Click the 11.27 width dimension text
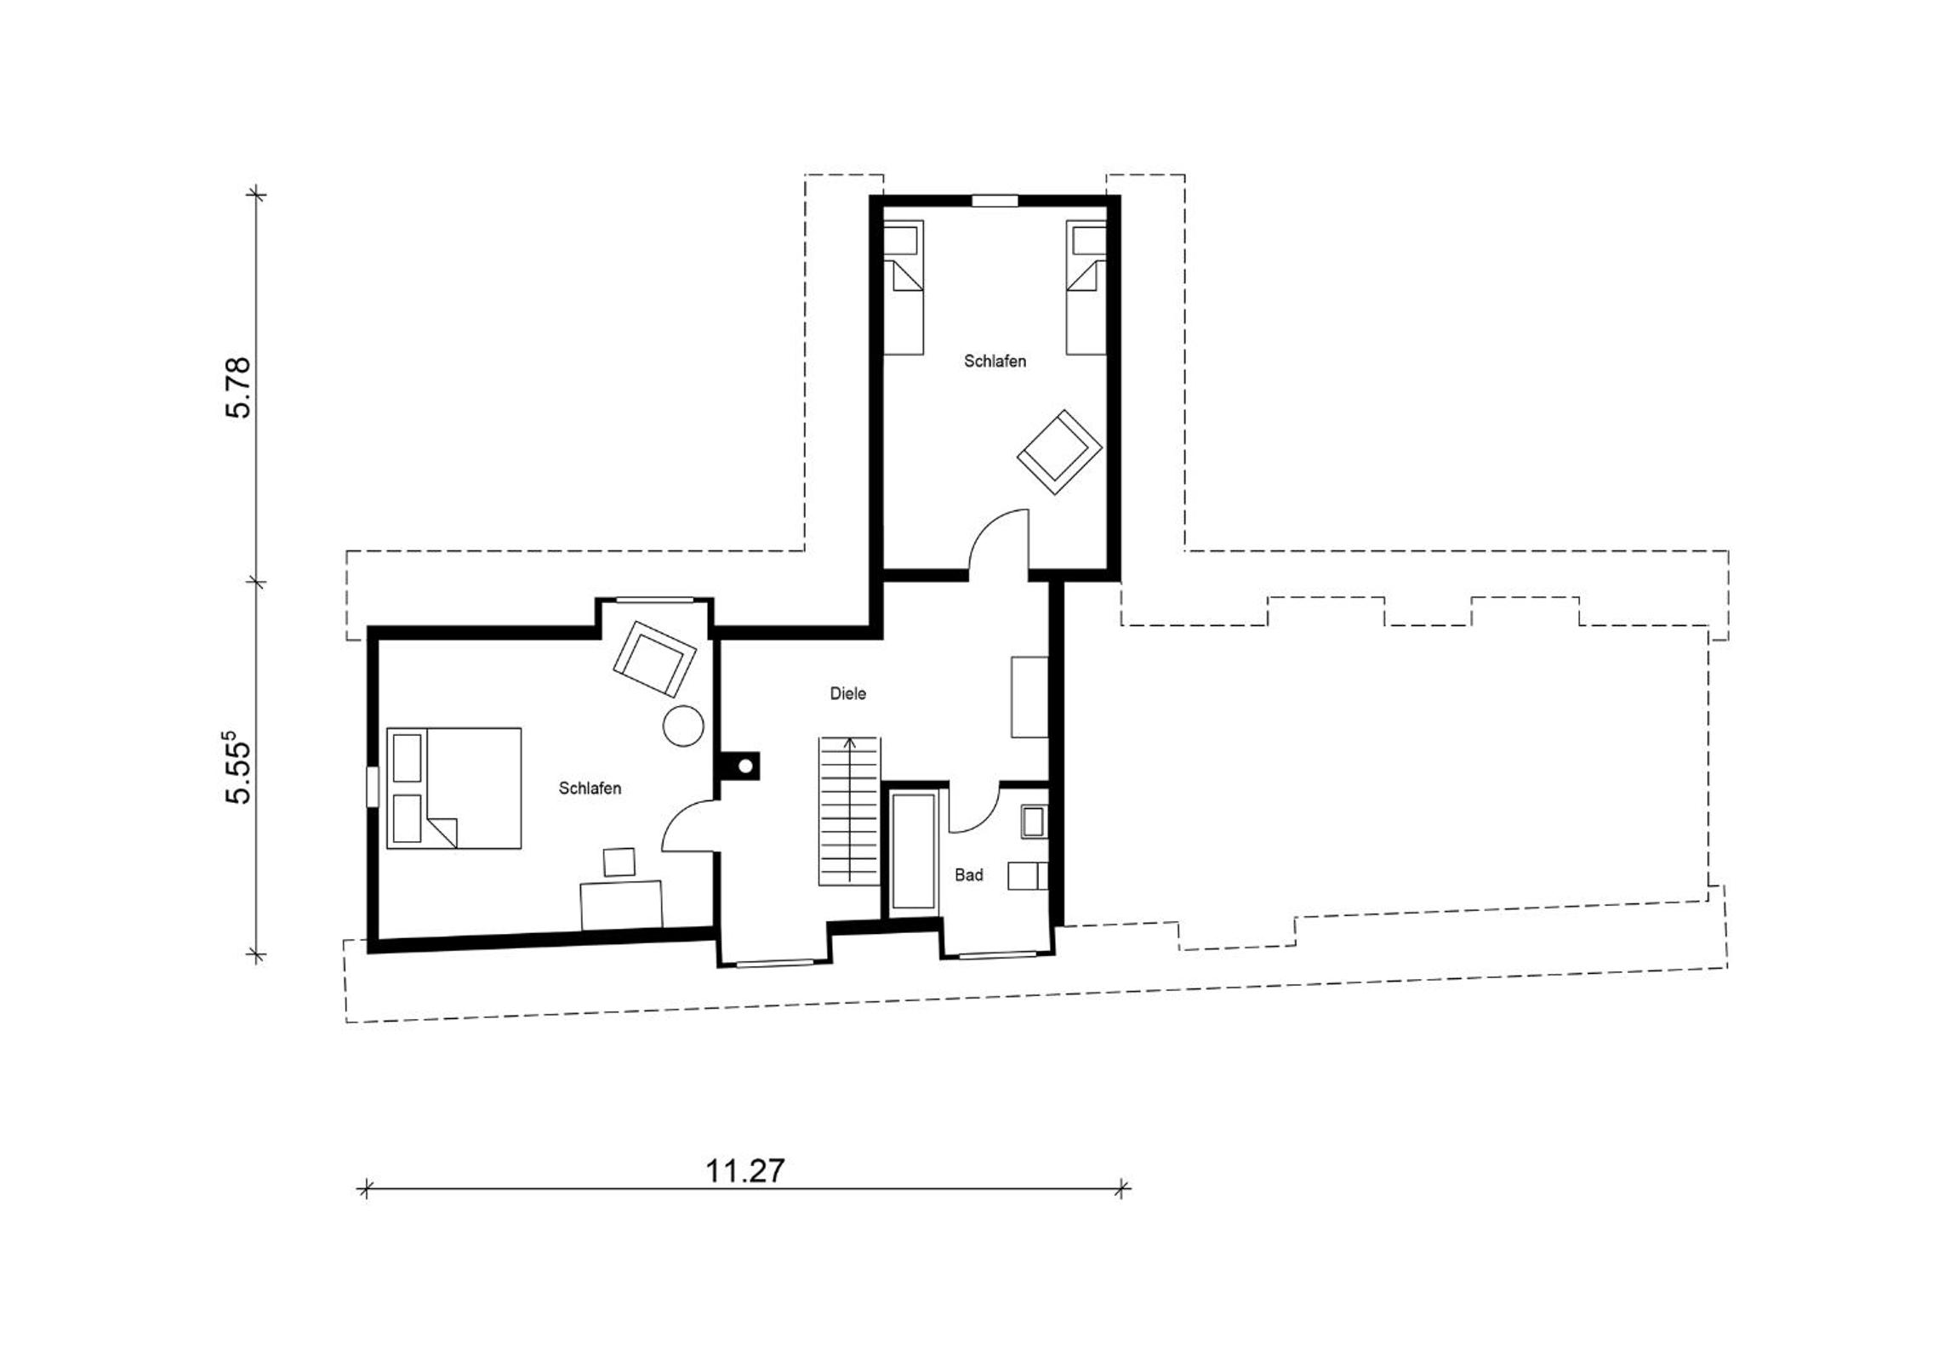coord(744,1171)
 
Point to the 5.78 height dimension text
coord(238,387)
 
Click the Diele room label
coord(848,693)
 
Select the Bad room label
coord(969,874)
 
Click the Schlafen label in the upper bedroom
coord(995,361)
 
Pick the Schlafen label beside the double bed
coord(590,788)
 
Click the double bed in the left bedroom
coord(453,788)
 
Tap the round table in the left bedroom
coord(682,726)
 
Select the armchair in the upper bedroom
coord(1060,452)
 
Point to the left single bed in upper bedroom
coord(904,287)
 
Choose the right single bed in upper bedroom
coord(1086,287)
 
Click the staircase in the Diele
coord(849,811)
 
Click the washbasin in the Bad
coord(1035,821)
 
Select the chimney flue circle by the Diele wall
coord(745,766)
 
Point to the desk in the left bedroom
coord(621,905)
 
